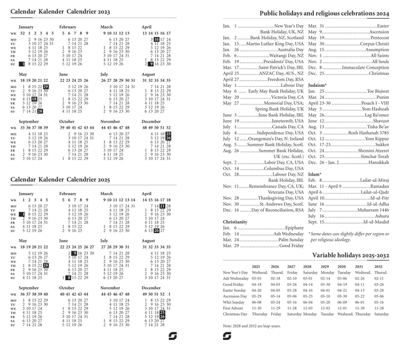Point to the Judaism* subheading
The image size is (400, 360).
(318, 84)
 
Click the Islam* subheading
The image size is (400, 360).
(315, 173)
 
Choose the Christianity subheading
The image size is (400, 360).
(235, 222)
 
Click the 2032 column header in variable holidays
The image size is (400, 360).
(379, 266)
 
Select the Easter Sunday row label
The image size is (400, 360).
(235, 290)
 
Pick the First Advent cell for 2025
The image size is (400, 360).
(256, 307)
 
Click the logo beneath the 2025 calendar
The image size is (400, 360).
(173, 337)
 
